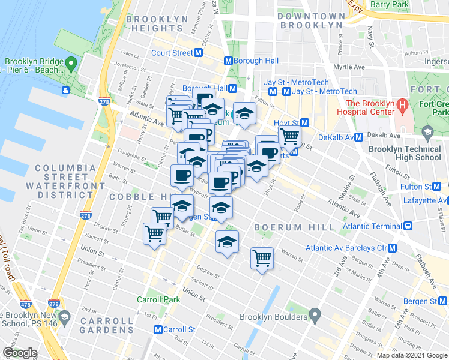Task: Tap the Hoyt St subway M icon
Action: click(x=304, y=122)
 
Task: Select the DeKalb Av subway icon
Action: click(x=359, y=137)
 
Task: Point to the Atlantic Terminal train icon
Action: click(x=408, y=226)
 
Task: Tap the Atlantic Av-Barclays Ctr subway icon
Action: click(x=393, y=248)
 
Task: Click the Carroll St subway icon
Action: click(x=158, y=329)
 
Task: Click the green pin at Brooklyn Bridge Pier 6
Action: click(x=71, y=62)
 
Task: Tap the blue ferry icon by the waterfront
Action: click(x=64, y=90)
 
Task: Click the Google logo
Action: click(x=20, y=353)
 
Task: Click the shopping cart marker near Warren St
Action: click(x=262, y=258)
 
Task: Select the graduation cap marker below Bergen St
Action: click(x=227, y=242)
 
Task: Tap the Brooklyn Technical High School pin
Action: click(x=427, y=132)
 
